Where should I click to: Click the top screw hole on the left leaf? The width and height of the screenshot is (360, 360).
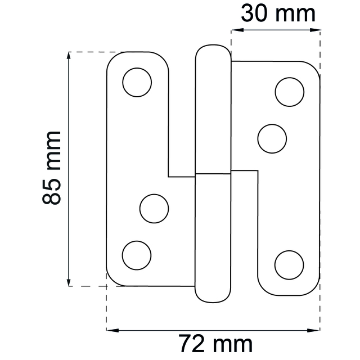[137, 83]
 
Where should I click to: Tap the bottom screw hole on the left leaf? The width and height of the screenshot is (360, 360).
[137, 254]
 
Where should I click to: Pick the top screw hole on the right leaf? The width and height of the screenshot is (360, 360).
[290, 92]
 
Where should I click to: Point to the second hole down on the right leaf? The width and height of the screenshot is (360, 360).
[272, 137]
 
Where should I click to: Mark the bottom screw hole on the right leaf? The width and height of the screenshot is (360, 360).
[290, 264]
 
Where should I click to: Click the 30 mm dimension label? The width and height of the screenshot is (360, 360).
[278, 13]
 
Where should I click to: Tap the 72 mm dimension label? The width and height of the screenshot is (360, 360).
[215, 343]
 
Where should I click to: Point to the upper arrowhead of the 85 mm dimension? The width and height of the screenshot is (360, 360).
[70, 56]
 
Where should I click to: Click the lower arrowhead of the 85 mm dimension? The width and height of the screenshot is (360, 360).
[70, 282]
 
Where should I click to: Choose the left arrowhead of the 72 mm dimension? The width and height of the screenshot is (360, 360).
[111, 329]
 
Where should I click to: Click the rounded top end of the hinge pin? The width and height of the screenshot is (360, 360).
[213, 48]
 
